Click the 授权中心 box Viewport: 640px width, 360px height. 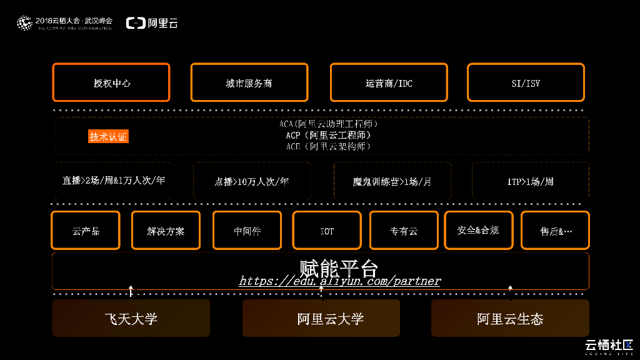tap(111, 82)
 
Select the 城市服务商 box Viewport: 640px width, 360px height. tap(249, 82)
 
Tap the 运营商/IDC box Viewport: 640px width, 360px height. tap(389, 82)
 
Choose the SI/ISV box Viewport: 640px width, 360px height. tap(525, 82)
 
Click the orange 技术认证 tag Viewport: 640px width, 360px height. tap(108, 137)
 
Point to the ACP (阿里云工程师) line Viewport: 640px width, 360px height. tap(328, 135)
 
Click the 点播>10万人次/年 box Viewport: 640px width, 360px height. tap(252, 181)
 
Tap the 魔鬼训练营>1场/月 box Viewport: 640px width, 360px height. tap(392, 181)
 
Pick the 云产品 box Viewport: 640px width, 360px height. tap(86, 231)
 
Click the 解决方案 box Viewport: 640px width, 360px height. tap(166, 231)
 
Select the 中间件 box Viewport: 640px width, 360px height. tap(247, 231)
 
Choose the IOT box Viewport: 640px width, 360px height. tap(327, 231)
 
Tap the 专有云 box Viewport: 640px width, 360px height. tap(404, 231)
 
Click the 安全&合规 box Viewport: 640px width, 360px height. tap(478, 230)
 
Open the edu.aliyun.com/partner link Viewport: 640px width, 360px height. tap(340, 281)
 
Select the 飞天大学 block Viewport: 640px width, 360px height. tap(131, 319)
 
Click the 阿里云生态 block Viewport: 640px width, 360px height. tap(510, 319)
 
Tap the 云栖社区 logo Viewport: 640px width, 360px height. tap(609, 346)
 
